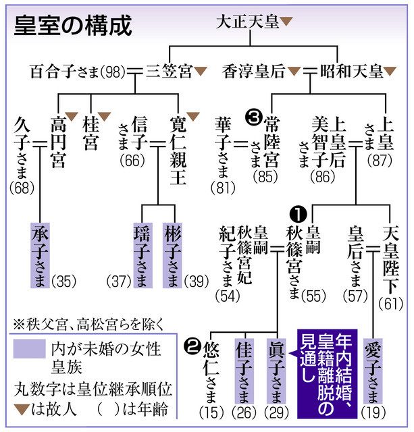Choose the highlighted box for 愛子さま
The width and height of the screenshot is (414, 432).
pyautogui.click(x=373, y=370)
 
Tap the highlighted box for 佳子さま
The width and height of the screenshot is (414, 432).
pyautogui.click(x=244, y=371)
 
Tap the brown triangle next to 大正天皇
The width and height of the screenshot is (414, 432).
pyautogui.click(x=287, y=22)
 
